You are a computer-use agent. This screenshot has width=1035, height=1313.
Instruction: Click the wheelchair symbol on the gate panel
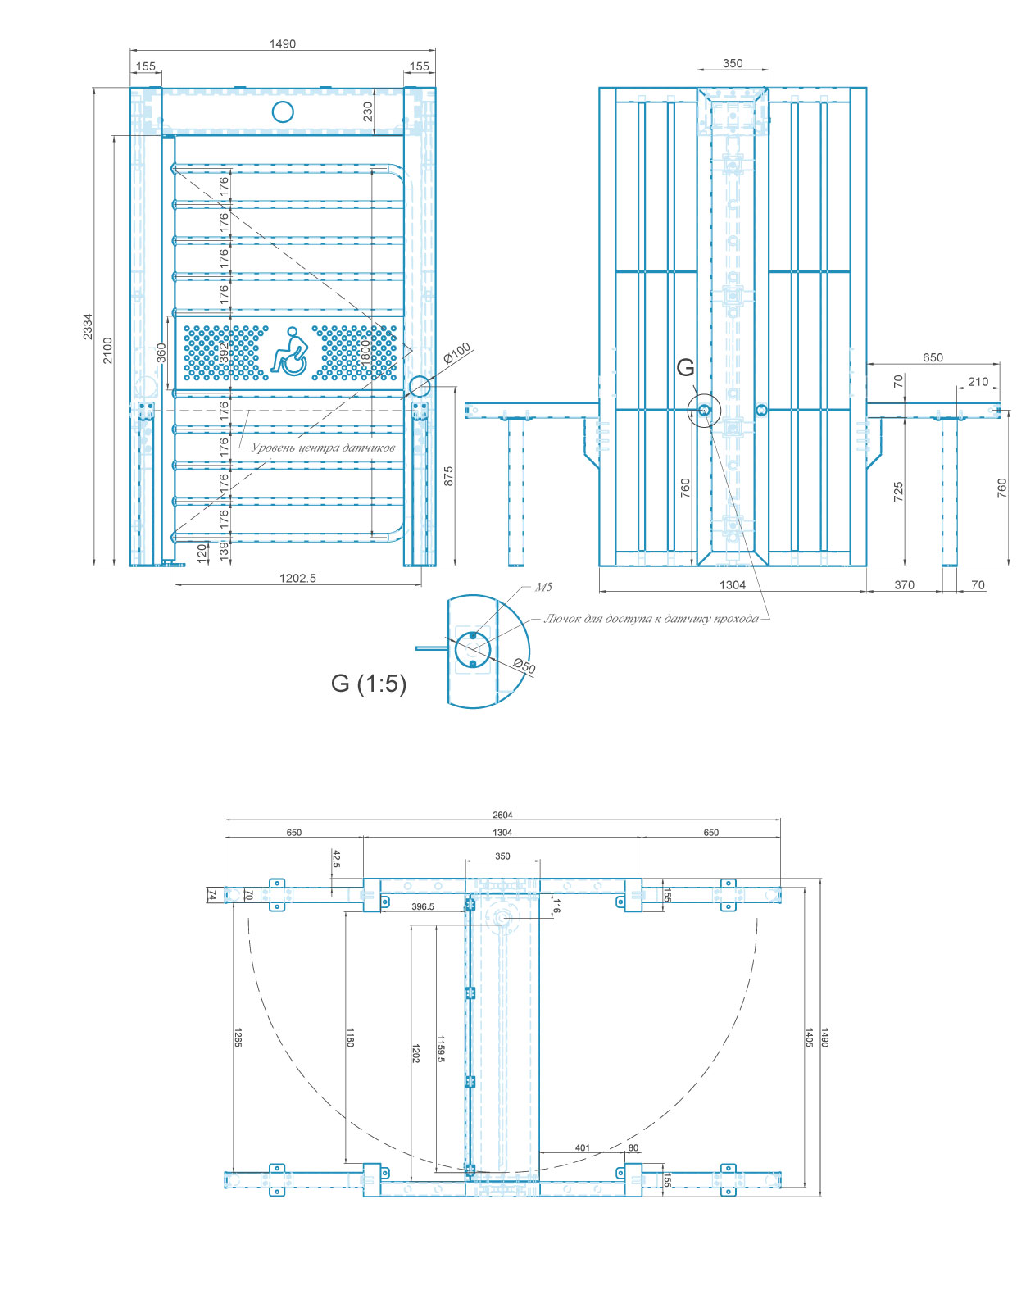pos(289,352)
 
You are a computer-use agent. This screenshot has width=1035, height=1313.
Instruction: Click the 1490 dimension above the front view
pos(283,44)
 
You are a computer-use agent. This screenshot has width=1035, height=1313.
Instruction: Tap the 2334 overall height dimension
pos(89,326)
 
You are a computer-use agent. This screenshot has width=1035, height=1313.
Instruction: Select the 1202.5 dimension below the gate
pos(297,578)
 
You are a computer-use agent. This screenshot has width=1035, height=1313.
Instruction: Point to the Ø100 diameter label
pos(458,352)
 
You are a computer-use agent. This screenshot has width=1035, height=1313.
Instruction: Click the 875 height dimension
pos(448,476)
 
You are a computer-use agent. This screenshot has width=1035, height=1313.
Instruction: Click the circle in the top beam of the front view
pos(283,111)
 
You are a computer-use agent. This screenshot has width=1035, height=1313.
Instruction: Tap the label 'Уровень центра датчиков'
pos(323,448)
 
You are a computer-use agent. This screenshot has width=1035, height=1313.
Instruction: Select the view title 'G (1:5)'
pos(369,684)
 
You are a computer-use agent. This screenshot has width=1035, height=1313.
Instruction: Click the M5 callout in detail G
pos(543,587)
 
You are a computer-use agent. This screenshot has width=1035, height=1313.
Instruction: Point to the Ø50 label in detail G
pos(524,666)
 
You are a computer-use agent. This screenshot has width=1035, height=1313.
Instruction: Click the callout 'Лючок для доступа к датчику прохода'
pos(651,619)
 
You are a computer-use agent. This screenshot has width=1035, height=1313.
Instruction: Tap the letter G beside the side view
pos(685,367)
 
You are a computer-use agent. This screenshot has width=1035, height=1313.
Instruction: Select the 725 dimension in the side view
pos(898,492)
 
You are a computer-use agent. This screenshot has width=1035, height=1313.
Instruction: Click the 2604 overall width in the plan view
pos(502,815)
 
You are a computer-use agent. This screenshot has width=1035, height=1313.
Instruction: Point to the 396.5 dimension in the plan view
pos(423,906)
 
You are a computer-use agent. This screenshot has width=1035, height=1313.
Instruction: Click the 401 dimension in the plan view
pos(583,1147)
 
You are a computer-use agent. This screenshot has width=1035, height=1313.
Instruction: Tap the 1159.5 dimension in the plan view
pos(441,1049)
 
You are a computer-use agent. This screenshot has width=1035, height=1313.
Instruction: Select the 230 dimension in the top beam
pos(368,111)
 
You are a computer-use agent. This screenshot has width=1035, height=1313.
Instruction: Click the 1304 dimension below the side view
pos(733,585)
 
